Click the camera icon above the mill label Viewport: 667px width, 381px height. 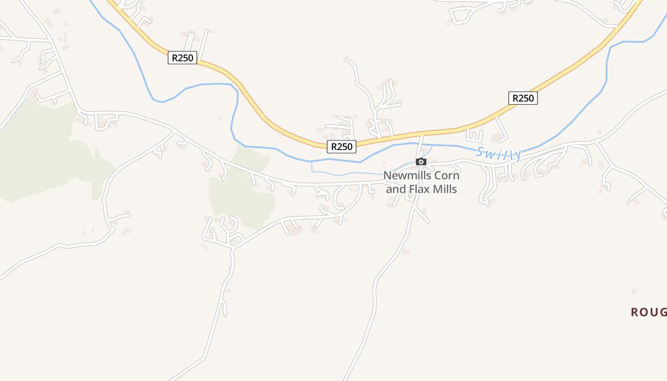(421, 162)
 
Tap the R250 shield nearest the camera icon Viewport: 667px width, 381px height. (342, 147)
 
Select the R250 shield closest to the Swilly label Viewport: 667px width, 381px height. (523, 98)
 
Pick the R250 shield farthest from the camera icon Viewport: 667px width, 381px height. (182, 58)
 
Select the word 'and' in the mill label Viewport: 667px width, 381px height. (395, 189)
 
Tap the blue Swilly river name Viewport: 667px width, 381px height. (498, 153)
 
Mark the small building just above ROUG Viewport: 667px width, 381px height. (634, 291)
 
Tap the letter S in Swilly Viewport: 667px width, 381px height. (480, 152)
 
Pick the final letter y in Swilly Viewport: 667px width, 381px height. (517, 155)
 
